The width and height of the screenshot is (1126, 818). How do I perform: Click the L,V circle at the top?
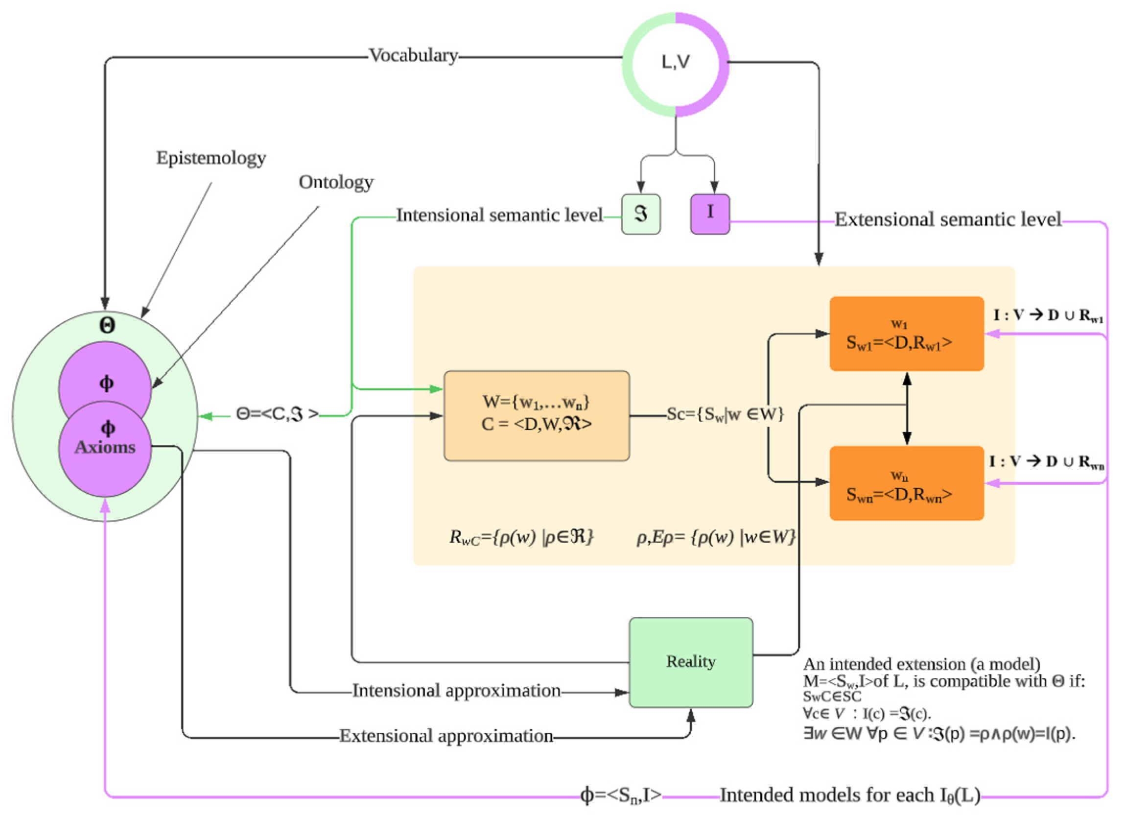(x=676, y=64)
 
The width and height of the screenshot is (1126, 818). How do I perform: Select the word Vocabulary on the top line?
(x=413, y=56)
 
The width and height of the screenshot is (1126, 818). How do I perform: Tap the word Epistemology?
(x=211, y=158)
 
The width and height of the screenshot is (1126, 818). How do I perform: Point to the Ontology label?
(x=336, y=182)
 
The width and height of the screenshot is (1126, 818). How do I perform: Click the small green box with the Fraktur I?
(x=640, y=214)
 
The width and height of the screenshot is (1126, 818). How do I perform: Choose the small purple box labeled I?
(x=710, y=214)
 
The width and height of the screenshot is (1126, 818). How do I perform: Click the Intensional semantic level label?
(x=499, y=215)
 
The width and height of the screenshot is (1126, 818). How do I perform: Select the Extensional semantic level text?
(x=948, y=219)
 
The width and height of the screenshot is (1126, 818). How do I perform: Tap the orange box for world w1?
(x=906, y=334)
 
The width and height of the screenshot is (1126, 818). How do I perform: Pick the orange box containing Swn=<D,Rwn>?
(x=906, y=483)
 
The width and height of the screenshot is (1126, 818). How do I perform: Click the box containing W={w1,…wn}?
(x=536, y=416)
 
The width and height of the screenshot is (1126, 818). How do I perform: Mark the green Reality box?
(x=691, y=662)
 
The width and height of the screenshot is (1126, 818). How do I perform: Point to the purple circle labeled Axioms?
(x=105, y=447)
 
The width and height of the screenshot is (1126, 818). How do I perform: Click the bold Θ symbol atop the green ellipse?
(x=107, y=325)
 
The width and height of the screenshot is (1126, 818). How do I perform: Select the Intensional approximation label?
(x=456, y=690)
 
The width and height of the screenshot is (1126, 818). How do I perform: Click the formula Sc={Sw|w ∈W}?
(x=725, y=414)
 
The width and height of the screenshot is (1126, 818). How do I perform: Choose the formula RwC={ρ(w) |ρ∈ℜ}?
(x=521, y=537)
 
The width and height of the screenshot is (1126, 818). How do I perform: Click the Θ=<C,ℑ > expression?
(x=277, y=414)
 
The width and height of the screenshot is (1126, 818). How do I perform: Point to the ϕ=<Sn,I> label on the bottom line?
(x=621, y=795)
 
